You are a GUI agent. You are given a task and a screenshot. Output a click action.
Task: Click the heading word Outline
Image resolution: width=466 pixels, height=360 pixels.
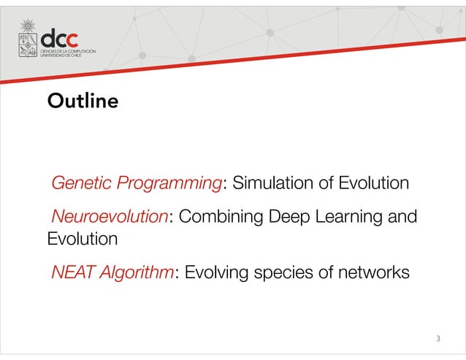click(82, 101)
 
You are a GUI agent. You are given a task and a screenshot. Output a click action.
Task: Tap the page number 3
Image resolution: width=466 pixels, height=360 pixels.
click(438, 338)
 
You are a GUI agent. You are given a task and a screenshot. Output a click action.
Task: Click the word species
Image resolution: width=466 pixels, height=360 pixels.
click(288, 273)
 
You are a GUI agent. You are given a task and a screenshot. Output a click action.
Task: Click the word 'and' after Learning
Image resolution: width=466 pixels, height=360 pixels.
click(402, 217)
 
